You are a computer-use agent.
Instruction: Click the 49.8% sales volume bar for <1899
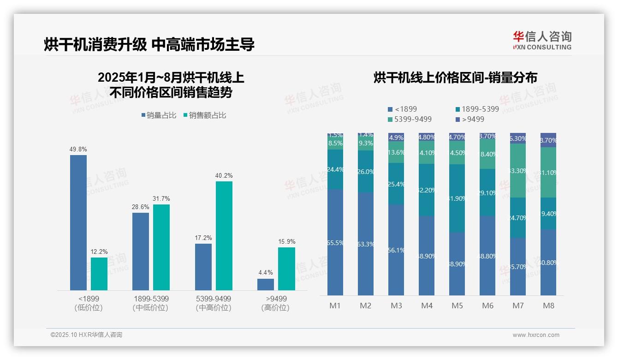coord(78,222)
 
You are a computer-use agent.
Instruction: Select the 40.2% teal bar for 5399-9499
coord(224,235)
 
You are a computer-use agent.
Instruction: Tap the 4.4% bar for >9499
coord(266,284)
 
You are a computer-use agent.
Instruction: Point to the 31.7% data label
coord(161,198)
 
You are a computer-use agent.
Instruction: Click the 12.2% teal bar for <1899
coord(99,274)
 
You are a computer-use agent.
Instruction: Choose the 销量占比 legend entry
coord(159,115)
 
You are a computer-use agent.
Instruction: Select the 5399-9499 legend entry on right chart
coord(410,119)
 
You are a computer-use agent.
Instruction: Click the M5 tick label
coord(457,306)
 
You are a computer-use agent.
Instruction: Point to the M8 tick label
coord(548,306)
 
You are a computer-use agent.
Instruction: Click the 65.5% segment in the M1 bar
coord(335,242)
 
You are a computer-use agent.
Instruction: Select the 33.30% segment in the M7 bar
coord(518,171)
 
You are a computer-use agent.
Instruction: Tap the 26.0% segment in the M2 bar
coord(366,171)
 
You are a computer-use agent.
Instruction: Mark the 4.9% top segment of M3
coord(396,137)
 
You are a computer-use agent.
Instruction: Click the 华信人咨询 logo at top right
coord(542,40)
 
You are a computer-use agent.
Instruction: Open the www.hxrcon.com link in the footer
coord(536,335)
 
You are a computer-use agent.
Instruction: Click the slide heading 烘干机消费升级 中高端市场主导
coord(149,45)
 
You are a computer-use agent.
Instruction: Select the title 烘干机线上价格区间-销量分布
coord(455,78)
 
